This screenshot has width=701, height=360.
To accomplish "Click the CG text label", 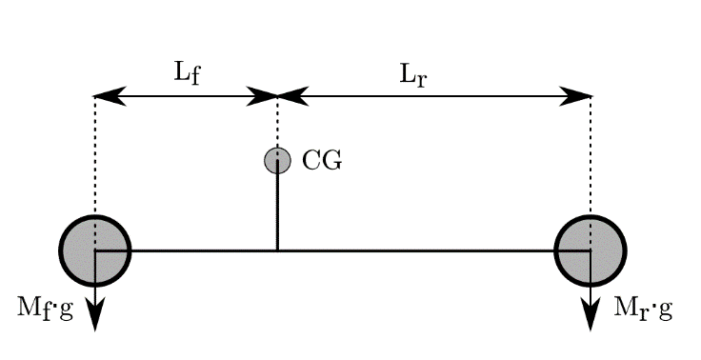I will tap(321, 160).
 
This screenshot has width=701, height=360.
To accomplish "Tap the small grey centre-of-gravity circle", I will tap(277, 160).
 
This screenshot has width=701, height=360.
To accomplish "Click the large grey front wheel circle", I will tap(95, 250).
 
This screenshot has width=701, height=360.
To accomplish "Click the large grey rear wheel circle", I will tap(591, 250).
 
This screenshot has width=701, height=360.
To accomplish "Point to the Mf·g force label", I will tap(45, 309).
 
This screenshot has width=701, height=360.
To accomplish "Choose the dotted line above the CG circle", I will tap(277, 124).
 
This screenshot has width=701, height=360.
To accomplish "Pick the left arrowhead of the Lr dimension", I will tap(291, 96).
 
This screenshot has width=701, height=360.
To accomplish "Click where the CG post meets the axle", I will tap(277, 250).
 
